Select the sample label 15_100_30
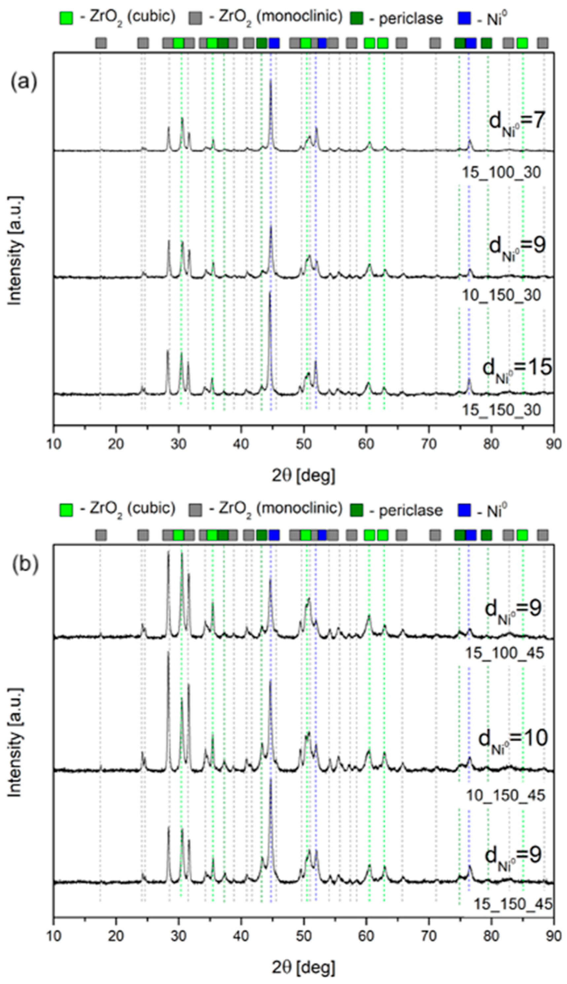pos(502,173)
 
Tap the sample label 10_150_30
pos(502,296)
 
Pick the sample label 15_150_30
pos(502,410)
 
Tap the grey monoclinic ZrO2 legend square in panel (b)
pos(195,510)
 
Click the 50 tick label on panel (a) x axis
pos(304,444)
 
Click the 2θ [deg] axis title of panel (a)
pos(303,476)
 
